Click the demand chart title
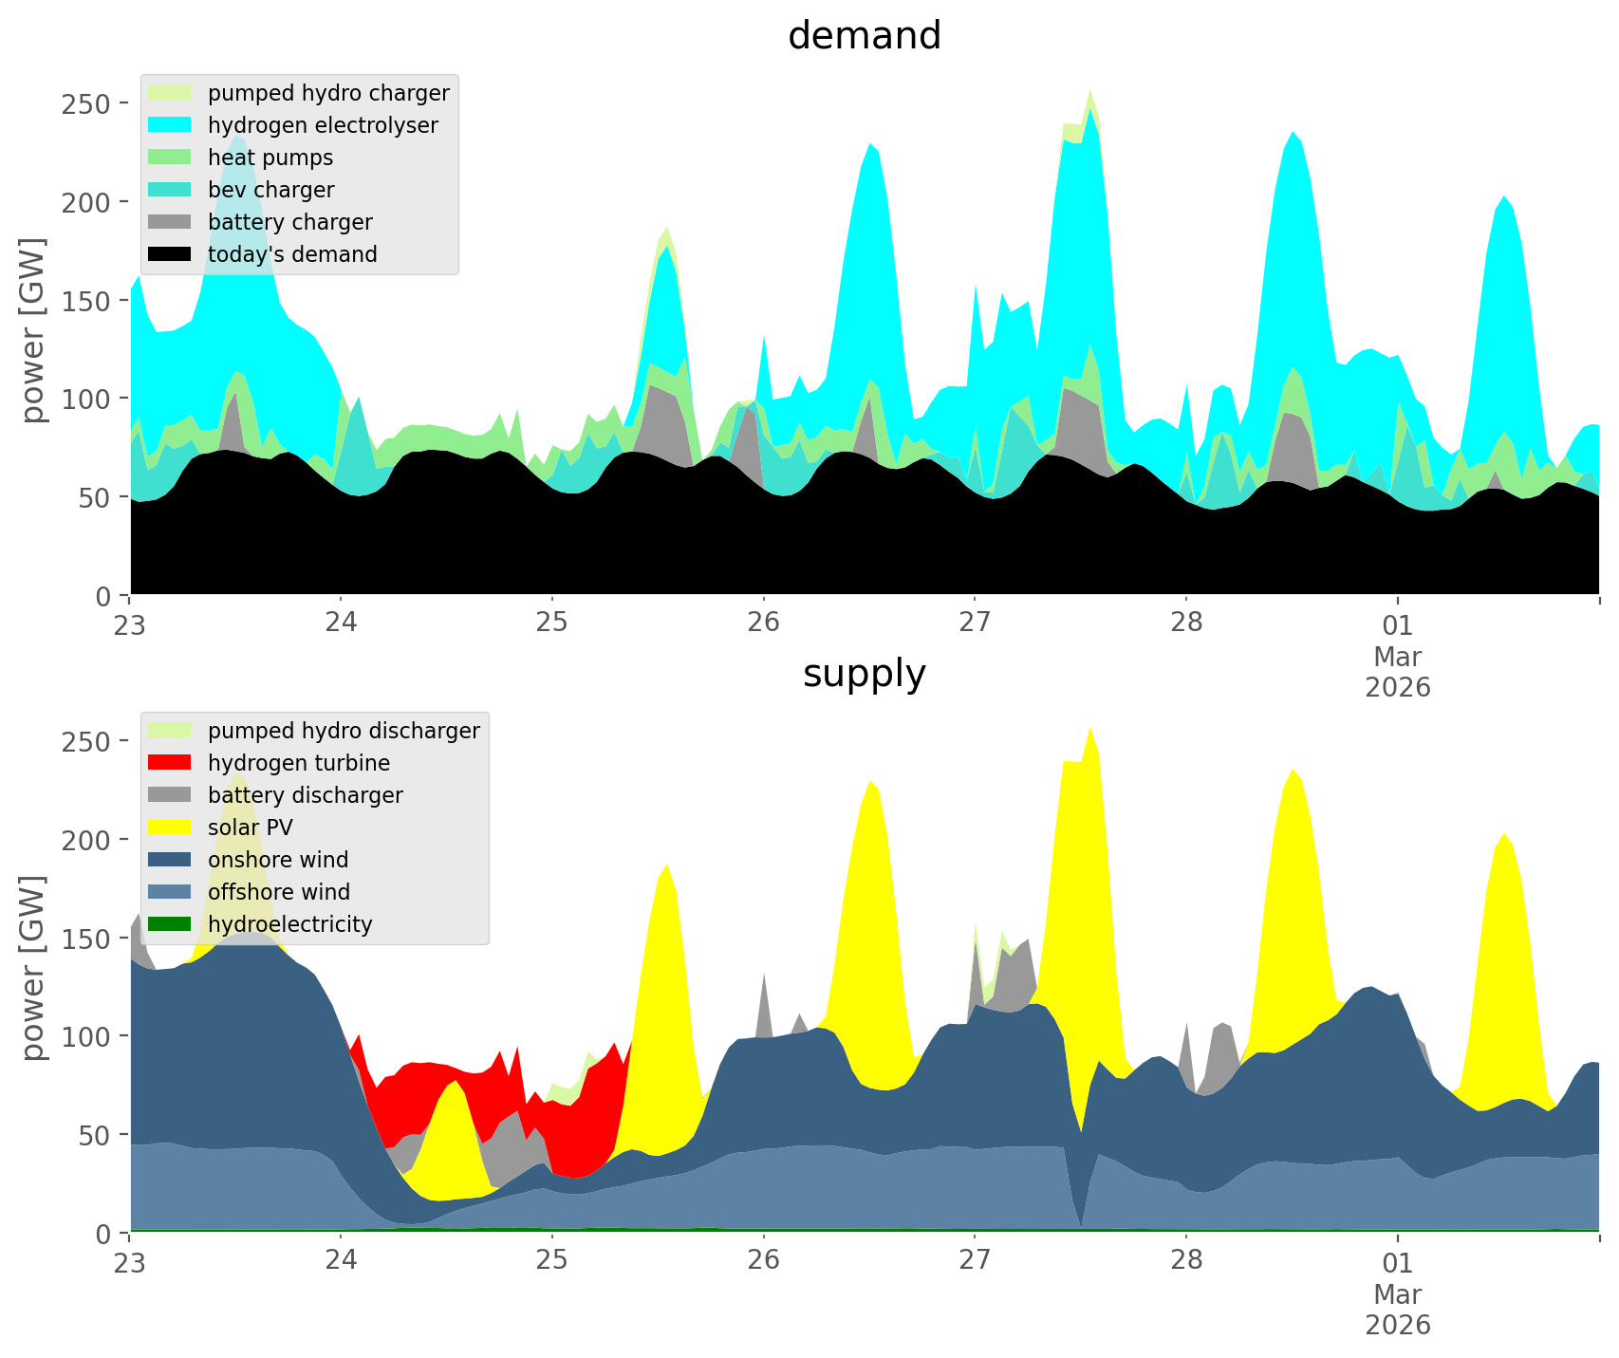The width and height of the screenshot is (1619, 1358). pos(864,36)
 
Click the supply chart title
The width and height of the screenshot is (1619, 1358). pos(864,674)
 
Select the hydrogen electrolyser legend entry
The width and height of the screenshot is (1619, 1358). pos(323,125)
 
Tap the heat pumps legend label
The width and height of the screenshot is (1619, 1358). pos(270,158)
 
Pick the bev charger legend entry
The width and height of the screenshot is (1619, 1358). pos(270,190)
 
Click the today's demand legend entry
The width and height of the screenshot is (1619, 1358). pos(292,254)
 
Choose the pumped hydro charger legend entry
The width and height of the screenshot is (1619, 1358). pos(328,93)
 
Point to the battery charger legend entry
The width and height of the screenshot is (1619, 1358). pos(289,222)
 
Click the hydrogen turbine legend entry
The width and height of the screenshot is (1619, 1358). pos(299,763)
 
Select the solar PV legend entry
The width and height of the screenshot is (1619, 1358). pos(251,828)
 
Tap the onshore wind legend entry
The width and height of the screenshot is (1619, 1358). pos(278,860)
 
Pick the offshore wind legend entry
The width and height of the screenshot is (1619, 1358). pos(279,892)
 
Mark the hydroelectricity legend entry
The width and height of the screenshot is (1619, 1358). pos(289,924)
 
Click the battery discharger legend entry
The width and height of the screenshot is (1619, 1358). pos(306,795)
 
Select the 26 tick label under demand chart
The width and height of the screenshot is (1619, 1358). pos(763,623)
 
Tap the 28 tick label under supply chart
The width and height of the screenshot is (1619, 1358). pos(1186,1261)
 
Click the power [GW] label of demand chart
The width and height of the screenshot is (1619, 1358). pos(32,330)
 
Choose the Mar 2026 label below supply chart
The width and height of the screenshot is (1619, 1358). pos(1398,1310)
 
